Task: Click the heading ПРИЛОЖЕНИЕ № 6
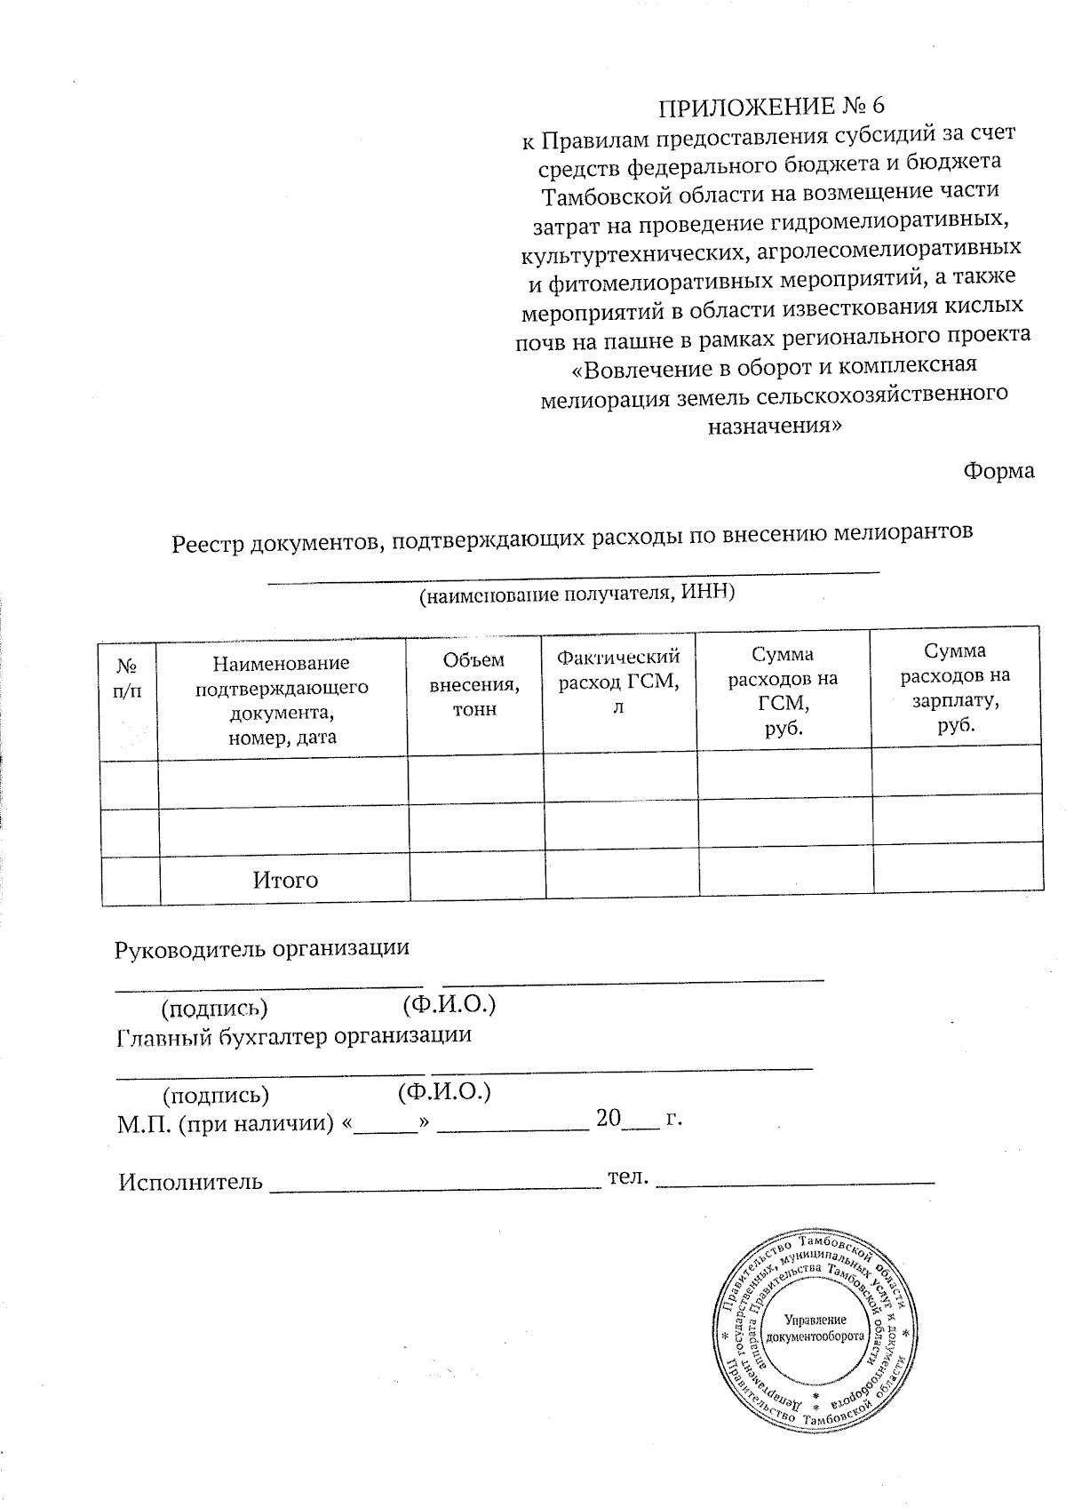click(771, 107)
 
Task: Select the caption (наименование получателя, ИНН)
click(577, 593)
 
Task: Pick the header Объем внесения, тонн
click(474, 684)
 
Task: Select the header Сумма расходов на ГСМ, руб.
click(783, 691)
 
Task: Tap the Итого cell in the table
click(285, 881)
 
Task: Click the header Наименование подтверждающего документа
click(282, 699)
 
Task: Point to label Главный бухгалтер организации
click(294, 1036)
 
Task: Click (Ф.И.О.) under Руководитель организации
click(448, 1005)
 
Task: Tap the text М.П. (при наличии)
click(226, 1123)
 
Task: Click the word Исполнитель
click(190, 1182)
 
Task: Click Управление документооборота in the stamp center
click(814, 1328)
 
